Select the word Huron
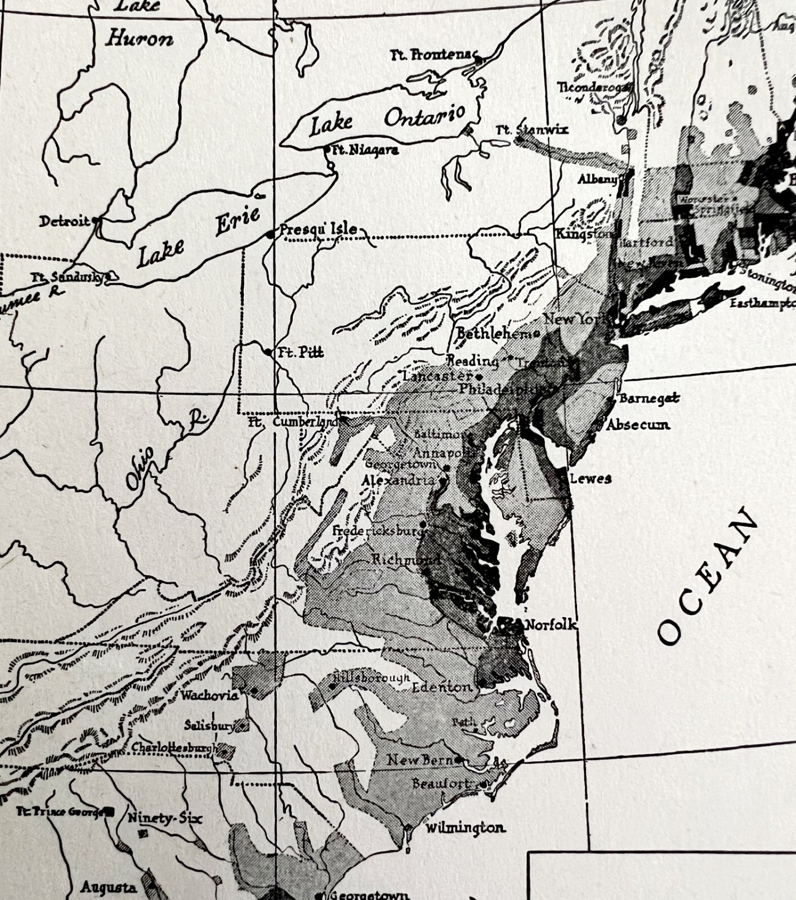(139, 39)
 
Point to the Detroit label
(64, 221)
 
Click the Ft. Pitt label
(301, 353)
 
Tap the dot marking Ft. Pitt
(268, 352)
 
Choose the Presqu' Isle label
(319, 229)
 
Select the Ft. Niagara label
(365, 150)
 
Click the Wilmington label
(464, 828)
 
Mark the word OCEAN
(708, 577)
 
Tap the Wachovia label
(209, 695)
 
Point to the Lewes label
(591, 479)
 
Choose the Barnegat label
(649, 398)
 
